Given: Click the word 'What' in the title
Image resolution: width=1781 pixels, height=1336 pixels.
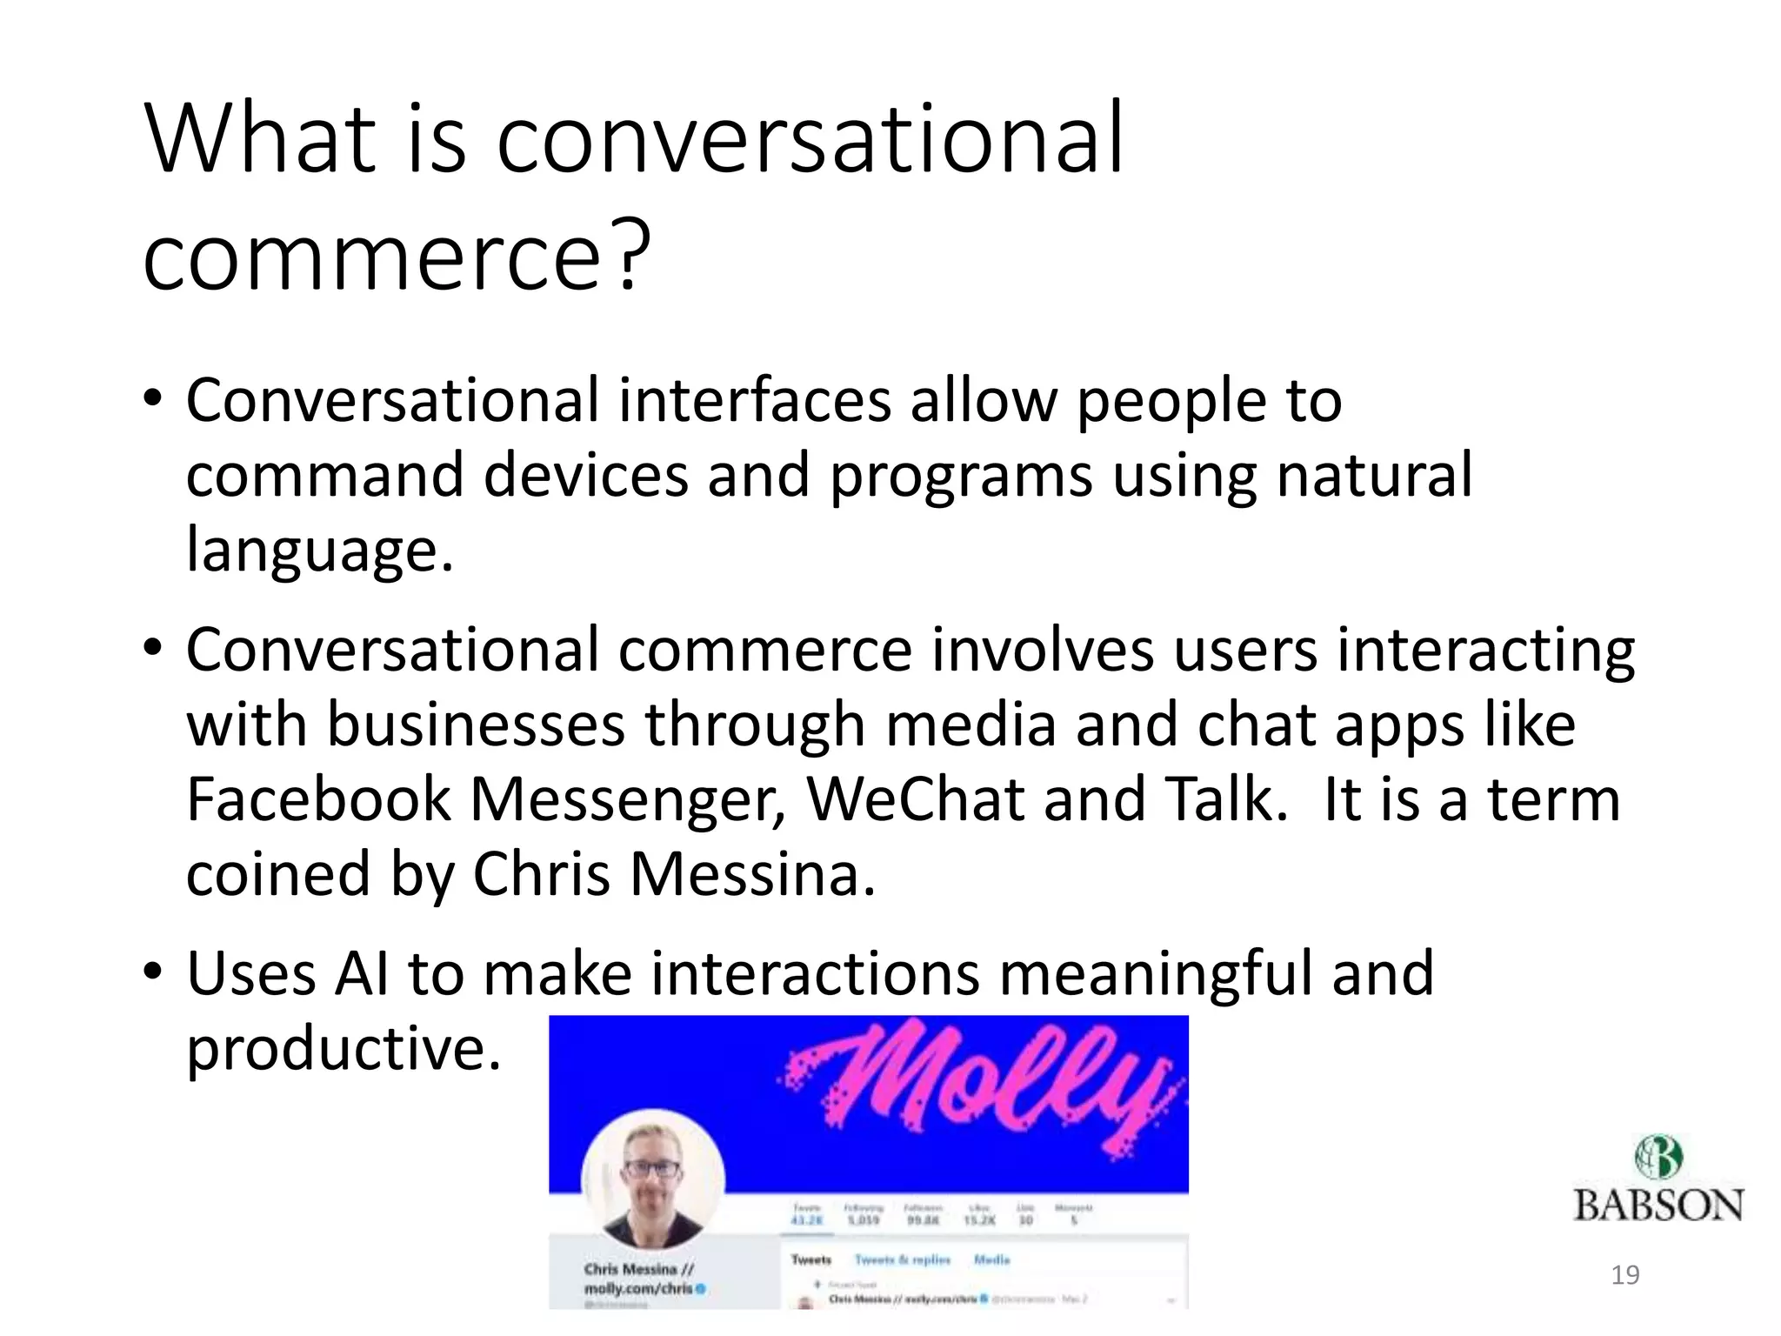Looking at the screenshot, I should [x=261, y=139].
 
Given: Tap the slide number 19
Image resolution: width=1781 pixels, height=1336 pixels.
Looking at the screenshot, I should [x=1624, y=1275].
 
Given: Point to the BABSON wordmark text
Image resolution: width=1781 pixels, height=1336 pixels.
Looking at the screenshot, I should [x=1658, y=1206].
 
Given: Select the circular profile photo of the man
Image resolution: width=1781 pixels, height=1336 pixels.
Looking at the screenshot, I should [x=653, y=1180].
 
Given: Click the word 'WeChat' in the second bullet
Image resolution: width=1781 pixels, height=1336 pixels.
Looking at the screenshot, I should [x=916, y=799].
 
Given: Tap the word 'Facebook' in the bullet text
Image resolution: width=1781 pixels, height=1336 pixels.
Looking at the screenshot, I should [x=318, y=799].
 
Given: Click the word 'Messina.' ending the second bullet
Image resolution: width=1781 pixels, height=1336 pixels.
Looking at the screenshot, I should [x=753, y=874].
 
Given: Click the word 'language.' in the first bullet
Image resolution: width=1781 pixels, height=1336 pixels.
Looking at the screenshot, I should [x=320, y=550].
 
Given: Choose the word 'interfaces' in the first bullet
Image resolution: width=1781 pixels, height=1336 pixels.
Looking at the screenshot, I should [x=755, y=401].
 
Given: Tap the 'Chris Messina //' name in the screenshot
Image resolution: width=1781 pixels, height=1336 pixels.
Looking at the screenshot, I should [x=638, y=1269].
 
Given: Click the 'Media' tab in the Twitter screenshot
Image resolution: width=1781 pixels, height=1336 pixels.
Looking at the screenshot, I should [x=991, y=1259].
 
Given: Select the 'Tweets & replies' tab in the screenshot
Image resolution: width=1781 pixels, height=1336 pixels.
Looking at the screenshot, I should [x=902, y=1259].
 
